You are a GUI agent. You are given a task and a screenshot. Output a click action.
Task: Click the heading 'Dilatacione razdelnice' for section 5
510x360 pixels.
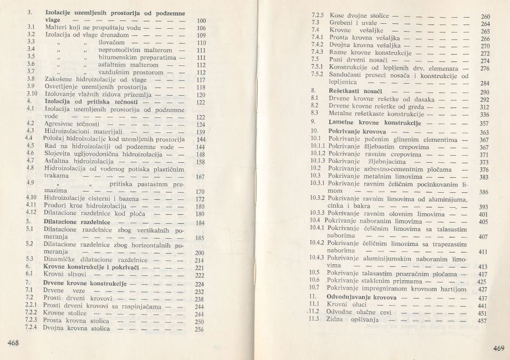[74, 222]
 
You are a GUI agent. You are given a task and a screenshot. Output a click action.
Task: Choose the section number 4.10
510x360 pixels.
[32, 198]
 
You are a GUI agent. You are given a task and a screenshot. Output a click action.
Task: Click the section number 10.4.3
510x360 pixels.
[317, 258]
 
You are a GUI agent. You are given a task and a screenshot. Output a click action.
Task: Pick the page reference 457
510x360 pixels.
[482, 321]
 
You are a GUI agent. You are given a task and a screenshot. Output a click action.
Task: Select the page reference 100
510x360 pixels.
[201, 21]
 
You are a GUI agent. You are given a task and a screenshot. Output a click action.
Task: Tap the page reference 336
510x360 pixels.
[483, 115]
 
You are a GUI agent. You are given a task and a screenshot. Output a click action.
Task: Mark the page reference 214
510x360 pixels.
[201, 260]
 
